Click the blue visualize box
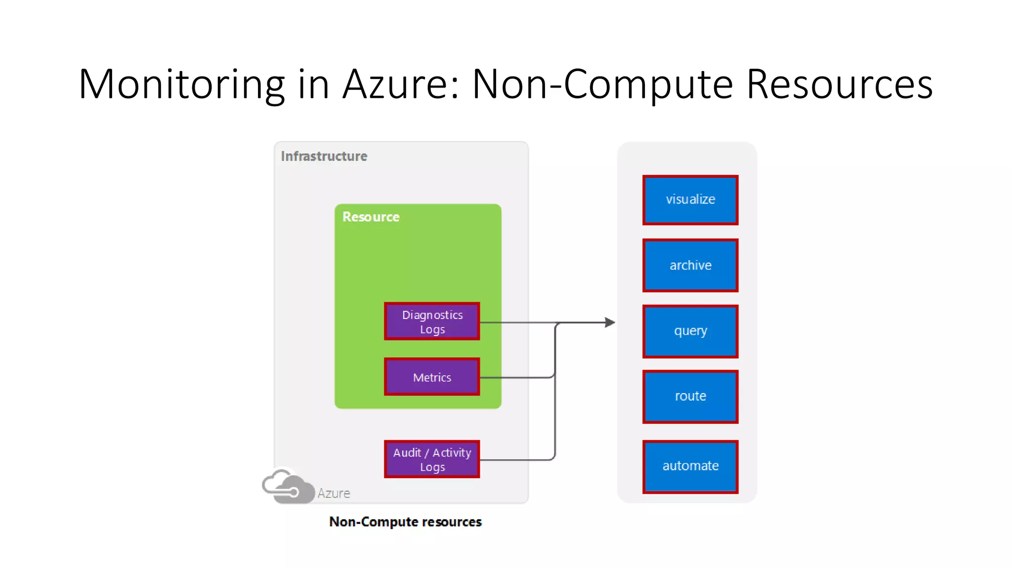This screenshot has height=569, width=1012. pos(690,200)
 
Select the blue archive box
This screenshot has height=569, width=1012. pos(690,265)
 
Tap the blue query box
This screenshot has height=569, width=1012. pos(690,331)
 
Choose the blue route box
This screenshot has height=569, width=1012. pos(690,396)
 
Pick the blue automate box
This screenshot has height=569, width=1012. pos(690,466)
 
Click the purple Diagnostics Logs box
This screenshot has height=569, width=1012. pos(432,322)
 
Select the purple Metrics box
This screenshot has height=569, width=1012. pos(432,377)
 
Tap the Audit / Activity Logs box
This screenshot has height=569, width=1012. pos(432,459)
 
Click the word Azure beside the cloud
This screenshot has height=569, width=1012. pos(334,493)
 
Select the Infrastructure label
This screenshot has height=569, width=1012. pos(324,156)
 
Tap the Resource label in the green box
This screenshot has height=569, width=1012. pos(371,217)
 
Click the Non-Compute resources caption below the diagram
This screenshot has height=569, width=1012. pos(405,522)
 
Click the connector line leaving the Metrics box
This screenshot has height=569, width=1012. pos(516,378)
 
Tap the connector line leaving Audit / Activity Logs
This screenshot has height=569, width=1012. pos(516,460)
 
